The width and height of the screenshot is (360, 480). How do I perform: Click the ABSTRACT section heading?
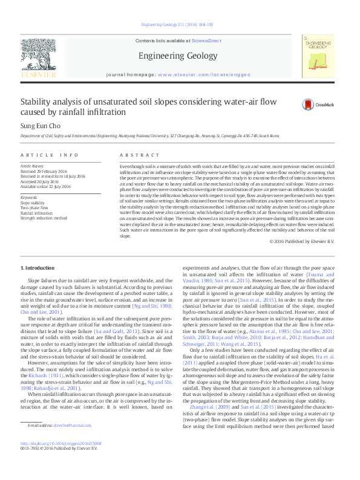[135, 155]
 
